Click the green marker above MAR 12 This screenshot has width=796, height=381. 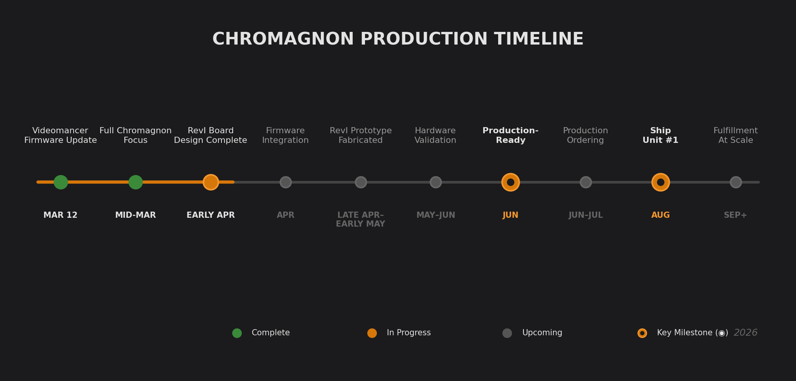(x=61, y=182)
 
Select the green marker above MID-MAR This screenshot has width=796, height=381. (x=135, y=182)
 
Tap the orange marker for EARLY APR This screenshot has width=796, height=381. (x=211, y=182)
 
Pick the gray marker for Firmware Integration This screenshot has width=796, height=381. (x=286, y=182)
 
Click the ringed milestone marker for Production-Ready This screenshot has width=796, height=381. (x=510, y=182)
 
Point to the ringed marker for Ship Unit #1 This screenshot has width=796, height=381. (x=661, y=182)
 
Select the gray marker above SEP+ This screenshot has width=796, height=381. (x=736, y=182)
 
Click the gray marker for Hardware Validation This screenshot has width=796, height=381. (x=436, y=182)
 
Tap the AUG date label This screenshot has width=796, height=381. (x=661, y=215)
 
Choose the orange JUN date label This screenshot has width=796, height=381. (x=510, y=215)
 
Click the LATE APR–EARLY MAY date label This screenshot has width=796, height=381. (x=360, y=219)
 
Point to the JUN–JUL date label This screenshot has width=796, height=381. (x=586, y=215)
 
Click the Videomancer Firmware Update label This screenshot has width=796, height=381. (x=61, y=136)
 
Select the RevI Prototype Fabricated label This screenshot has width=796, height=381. (x=360, y=136)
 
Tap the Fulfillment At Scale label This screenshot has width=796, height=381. (x=736, y=136)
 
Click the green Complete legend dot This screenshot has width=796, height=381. (x=237, y=333)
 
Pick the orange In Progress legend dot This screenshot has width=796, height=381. (x=372, y=333)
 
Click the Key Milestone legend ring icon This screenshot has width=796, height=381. (x=642, y=333)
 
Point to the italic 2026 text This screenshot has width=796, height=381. (x=745, y=333)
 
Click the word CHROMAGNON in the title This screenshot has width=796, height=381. (x=283, y=39)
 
